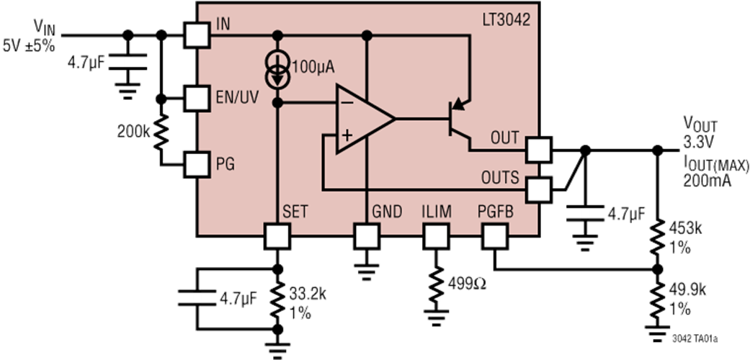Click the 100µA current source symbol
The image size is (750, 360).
278,71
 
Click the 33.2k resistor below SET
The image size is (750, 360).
278,300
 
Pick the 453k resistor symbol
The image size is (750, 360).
656,238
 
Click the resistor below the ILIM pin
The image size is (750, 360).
435,285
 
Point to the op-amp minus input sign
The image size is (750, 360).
346,104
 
